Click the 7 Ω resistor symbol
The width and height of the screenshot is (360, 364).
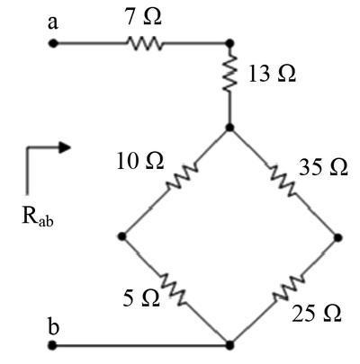tap(145, 43)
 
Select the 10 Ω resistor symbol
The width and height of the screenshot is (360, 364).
tap(182, 176)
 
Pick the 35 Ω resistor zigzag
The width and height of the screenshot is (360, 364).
tap(283, 182)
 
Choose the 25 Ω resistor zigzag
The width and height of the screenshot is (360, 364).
tap(289, 288)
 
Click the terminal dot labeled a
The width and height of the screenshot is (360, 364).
tap(53, 43)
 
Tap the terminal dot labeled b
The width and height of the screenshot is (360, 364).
tap(53, 345)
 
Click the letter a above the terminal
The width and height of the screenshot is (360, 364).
tap(53, 23)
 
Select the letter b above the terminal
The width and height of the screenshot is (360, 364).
tap(53, 326)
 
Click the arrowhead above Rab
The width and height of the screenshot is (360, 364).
tap(64, 147)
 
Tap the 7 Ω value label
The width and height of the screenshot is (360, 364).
tap(143, 16)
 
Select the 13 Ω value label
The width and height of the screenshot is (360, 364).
tap(273, 74)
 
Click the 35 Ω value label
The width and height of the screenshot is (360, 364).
tap(323, 167)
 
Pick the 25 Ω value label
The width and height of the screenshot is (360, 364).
tap(317, 313)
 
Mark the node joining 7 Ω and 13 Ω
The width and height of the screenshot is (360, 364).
tap(229, 43)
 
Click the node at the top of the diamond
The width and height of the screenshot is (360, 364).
tap(229, 128)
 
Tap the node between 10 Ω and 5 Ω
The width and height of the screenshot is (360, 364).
tap(122, 236)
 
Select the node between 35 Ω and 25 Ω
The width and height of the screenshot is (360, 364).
tap(337, 237)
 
